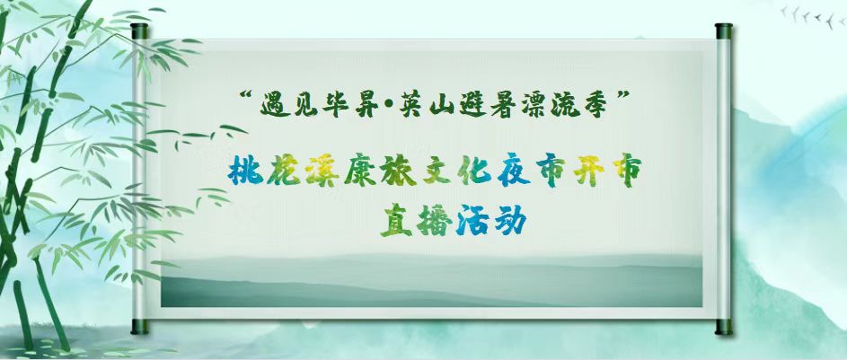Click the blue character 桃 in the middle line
click(x=246, y=171)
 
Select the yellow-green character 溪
click(x=322, y=171)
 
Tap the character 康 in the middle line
click(x=360, y=171)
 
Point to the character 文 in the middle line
click(x=436, y=171)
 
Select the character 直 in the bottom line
click(x=396, y=221)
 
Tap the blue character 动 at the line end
click(x=509, y=221)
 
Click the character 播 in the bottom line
click(x=435, y=221)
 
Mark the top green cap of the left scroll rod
click(x=139, y=31)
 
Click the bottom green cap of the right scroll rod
click(x=724, y=327)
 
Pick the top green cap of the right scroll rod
click(x=724, y=31)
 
